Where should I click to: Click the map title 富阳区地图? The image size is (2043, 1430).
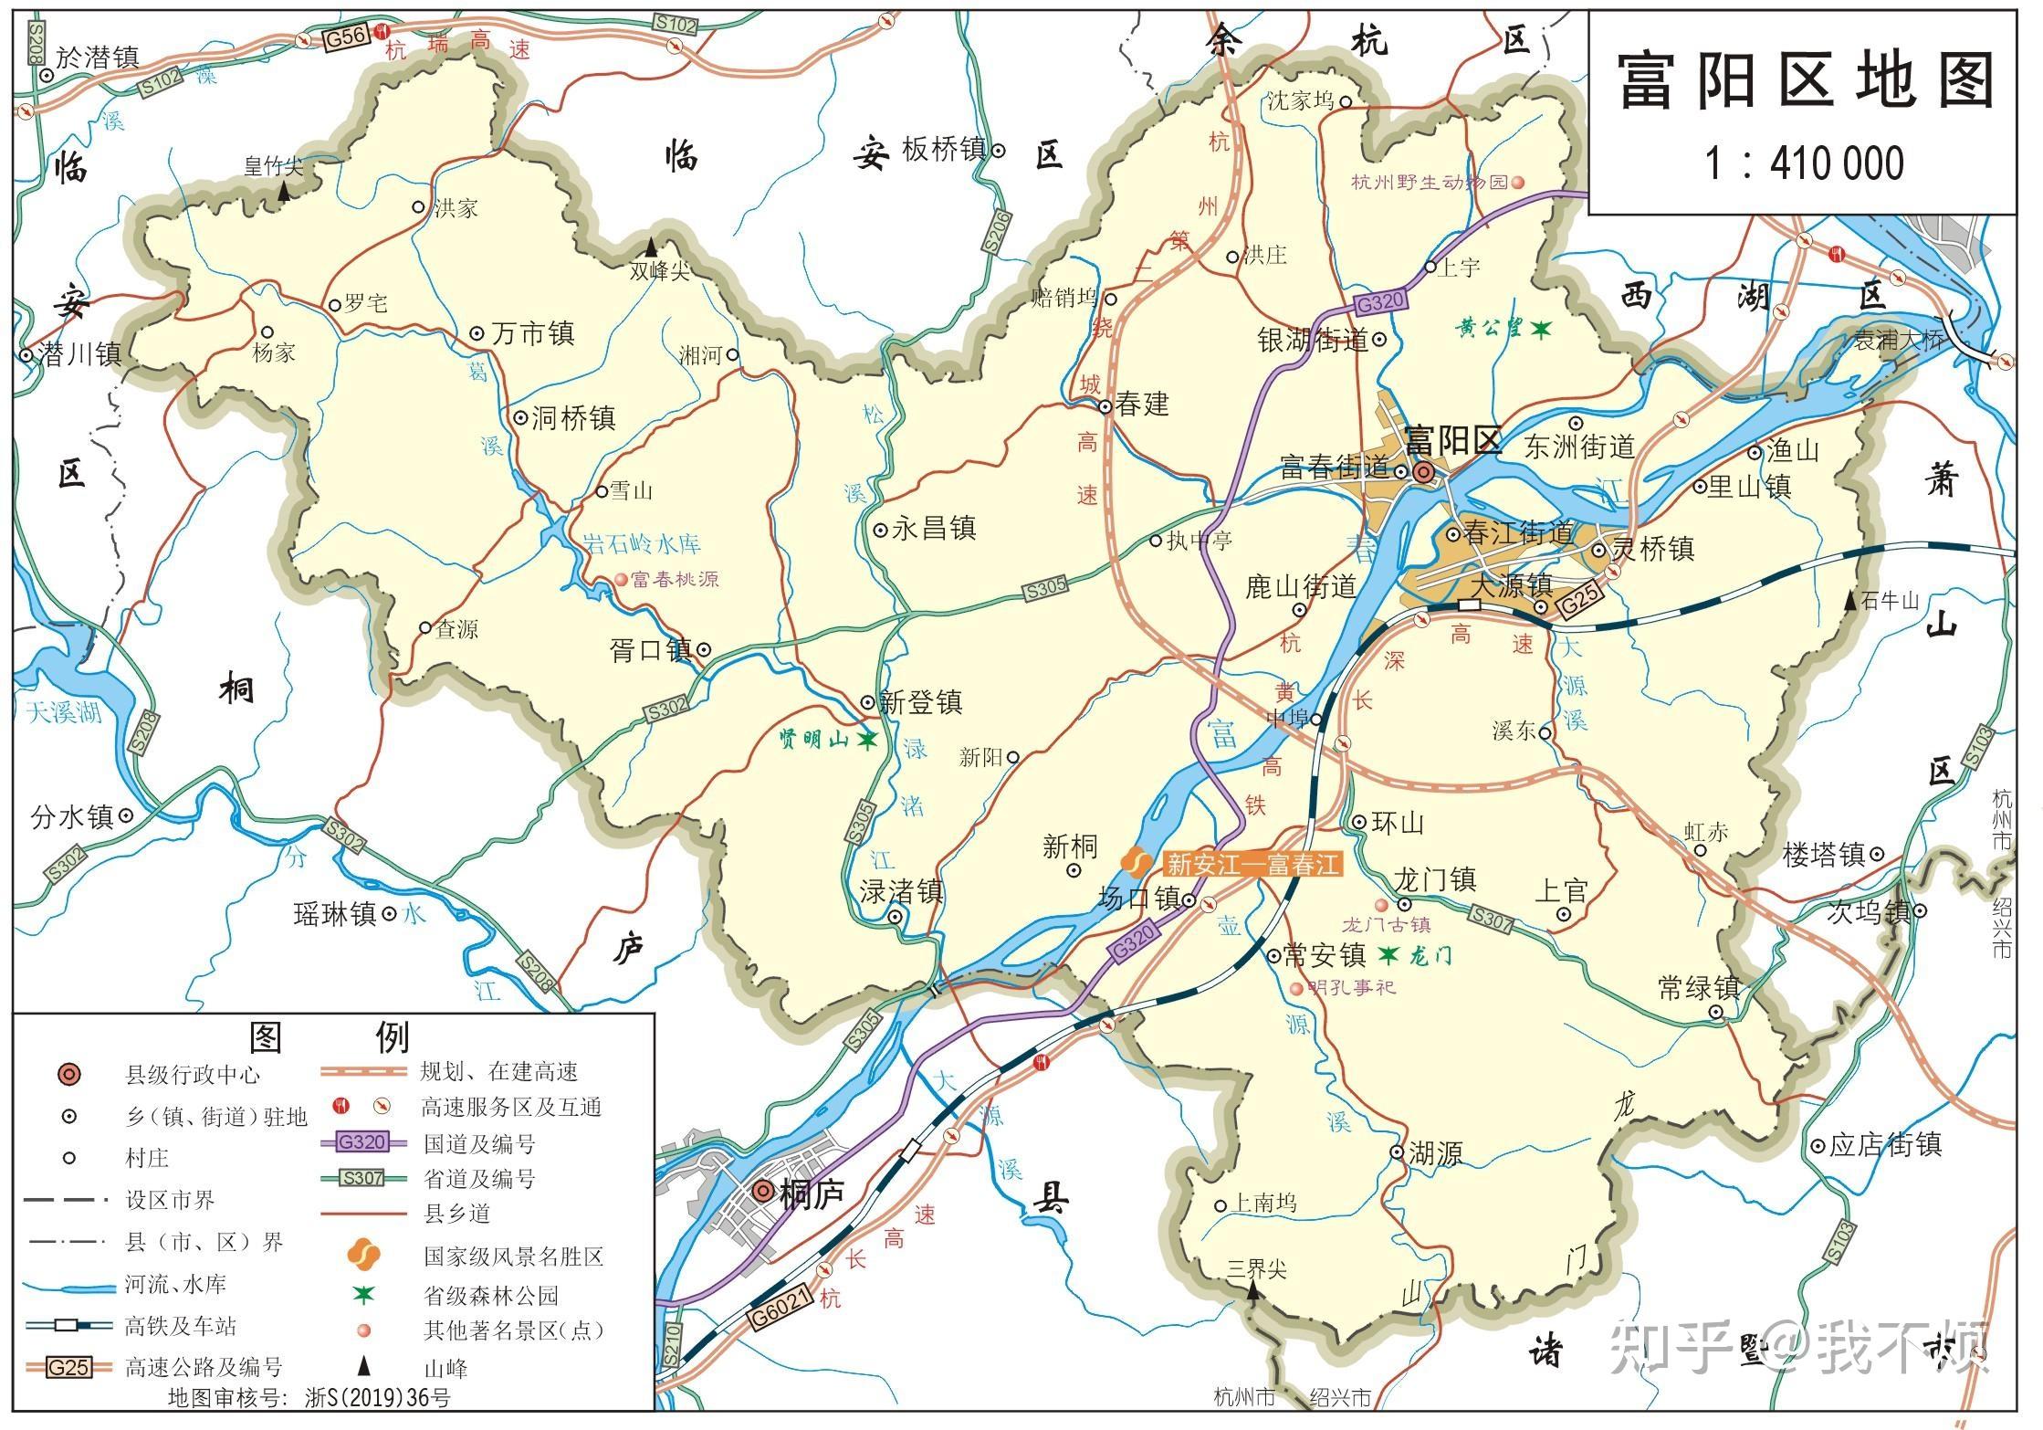click(1804, 81)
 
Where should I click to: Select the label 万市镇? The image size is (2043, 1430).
click(533, 333)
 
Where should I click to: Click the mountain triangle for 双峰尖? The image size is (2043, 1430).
click(651, 247)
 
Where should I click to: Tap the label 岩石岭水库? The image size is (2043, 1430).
click(643, 544)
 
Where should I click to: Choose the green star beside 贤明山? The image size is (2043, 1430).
click(867, 740)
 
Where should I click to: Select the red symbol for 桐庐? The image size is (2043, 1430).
click(763, 1192)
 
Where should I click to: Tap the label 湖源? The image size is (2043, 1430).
click(1435, 1153)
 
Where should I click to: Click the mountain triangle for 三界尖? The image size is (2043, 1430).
click(1254, 1290)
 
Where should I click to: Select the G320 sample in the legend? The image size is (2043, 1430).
click(362, 1141)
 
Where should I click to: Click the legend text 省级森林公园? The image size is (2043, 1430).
click(490, 1295)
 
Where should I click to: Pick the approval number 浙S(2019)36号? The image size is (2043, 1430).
click(377, 1398)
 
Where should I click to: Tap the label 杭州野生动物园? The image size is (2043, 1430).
click(1430, 182)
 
